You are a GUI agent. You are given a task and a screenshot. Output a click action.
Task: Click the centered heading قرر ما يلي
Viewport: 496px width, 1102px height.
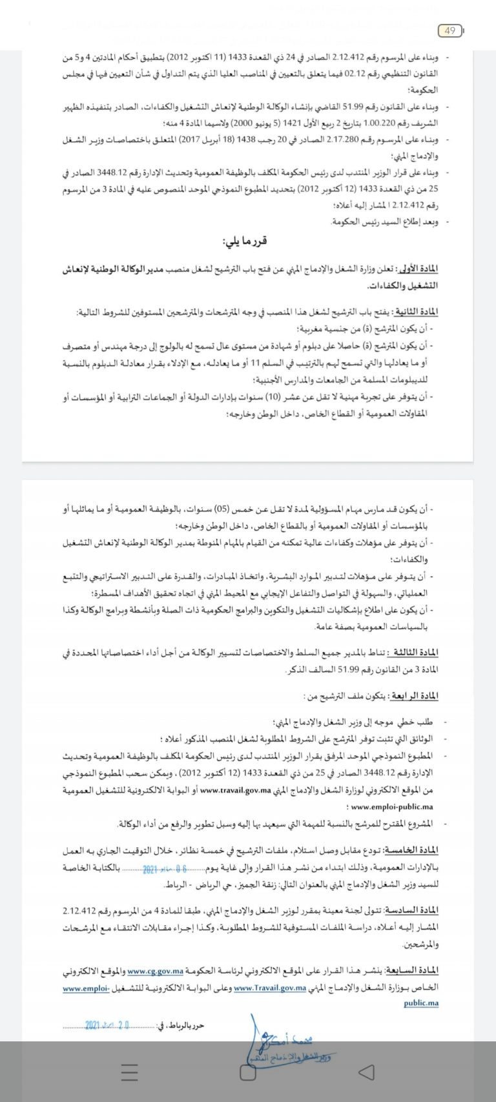click(245, 241)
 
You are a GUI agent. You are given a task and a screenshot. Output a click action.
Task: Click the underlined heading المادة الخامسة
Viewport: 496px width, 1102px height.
click(413, 850)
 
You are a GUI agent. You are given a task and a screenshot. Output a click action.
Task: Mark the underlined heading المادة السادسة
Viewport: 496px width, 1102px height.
click(413, 910)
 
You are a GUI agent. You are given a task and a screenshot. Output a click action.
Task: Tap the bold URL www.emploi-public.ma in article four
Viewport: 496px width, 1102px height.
click(391, 806)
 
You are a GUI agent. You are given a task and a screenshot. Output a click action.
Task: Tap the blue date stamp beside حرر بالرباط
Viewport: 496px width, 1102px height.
click(107, 1025)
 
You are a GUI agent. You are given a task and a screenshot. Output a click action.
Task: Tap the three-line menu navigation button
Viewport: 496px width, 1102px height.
click(129, 1072)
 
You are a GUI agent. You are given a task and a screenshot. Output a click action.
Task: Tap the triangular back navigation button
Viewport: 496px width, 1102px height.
click(366, 1072)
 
